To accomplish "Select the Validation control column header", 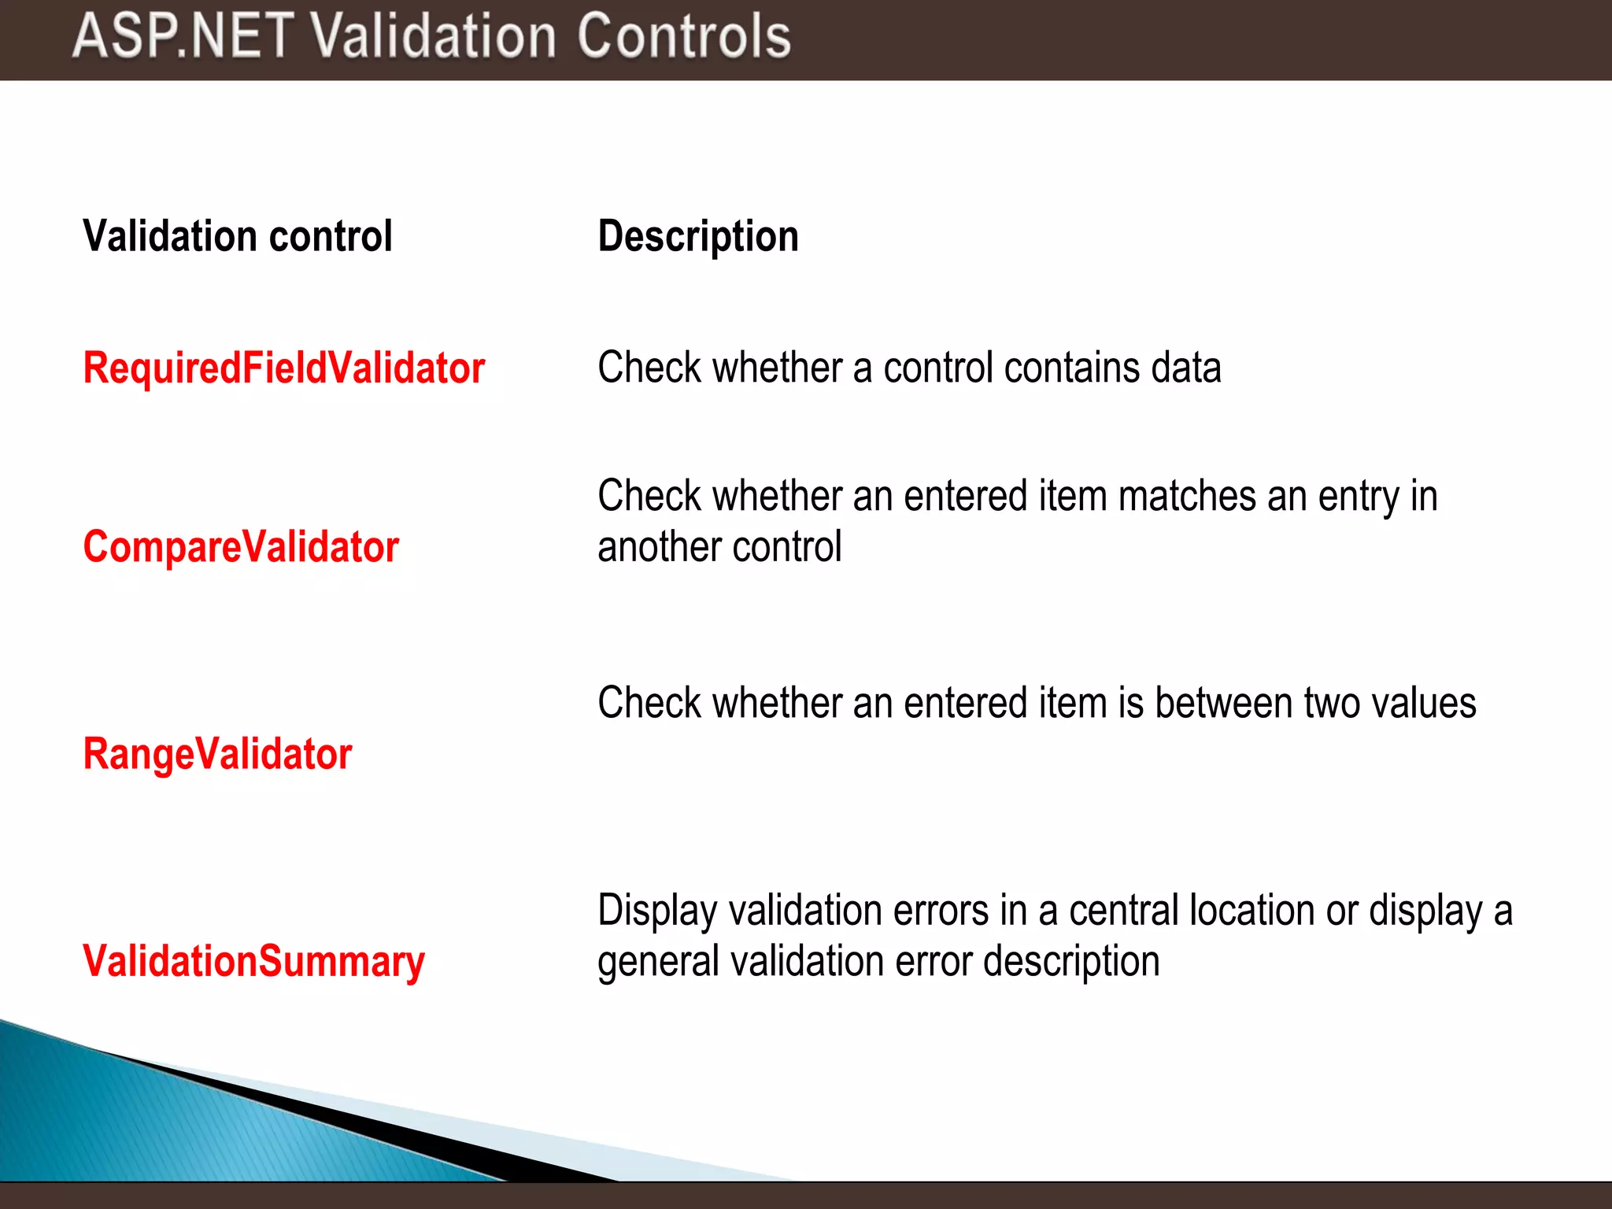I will [237, 236].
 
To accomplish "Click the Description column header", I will [697, 236].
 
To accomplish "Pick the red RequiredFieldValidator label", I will [283, 368].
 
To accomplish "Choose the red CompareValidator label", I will [241, 546].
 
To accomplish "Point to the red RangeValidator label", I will [217, 753].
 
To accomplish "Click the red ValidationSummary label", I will [253, 961].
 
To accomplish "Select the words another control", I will [719, 547].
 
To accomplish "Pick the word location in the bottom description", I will [1251, 911].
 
